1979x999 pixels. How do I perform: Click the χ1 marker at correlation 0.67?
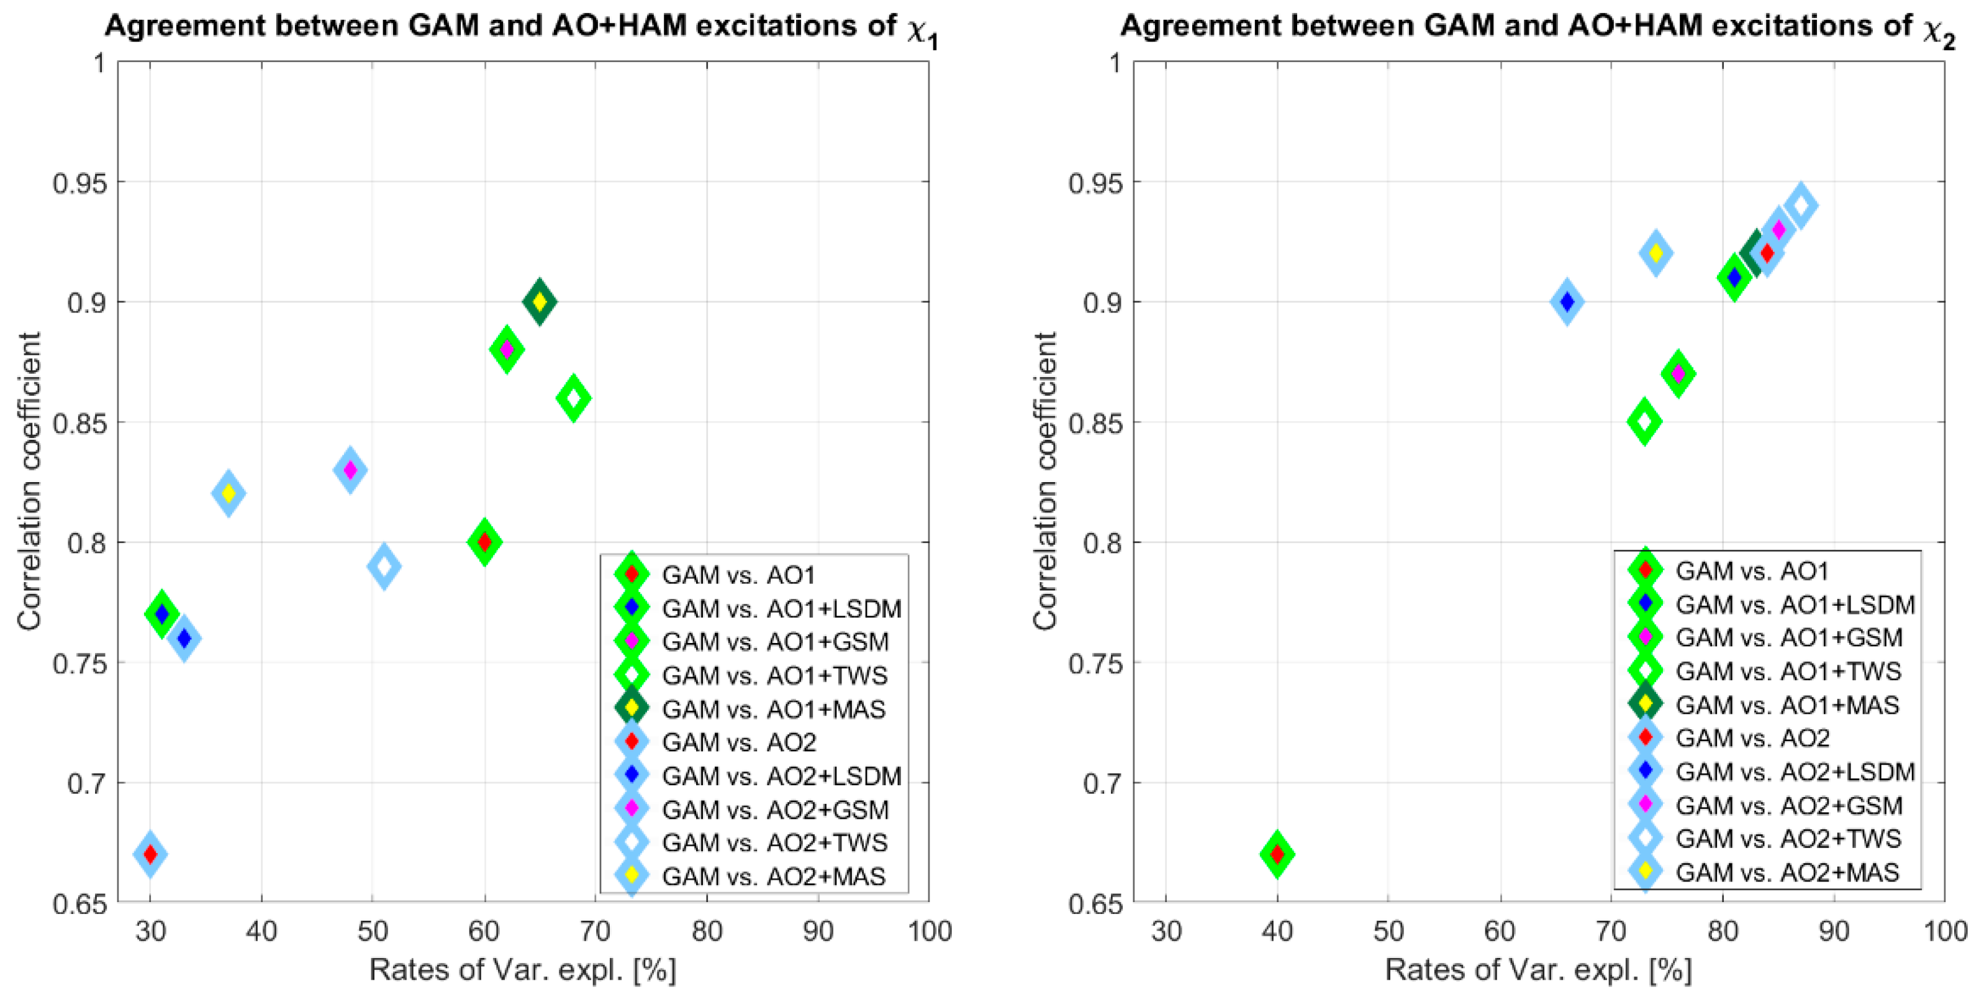click(x=150, y=854)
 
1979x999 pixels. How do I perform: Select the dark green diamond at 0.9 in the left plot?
click(x=540, y=302)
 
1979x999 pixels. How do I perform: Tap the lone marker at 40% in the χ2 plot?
click(x=1277, y=854)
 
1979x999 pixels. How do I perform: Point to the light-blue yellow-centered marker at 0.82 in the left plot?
click(x=228, y=493)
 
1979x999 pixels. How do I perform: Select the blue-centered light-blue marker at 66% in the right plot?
click(x=1567, y=302)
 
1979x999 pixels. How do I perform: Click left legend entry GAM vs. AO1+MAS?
click(x=774, y=708)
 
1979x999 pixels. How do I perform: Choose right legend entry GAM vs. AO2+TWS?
click(x=1788, y=838)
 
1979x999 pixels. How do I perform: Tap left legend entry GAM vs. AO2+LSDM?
click(x=781, y=776)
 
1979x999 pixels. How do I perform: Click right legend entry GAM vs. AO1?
click(x=1752, y=571)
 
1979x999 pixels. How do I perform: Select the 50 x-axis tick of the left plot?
click(x=373, y=931)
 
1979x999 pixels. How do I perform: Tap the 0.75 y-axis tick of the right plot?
click(x=1095, y=663)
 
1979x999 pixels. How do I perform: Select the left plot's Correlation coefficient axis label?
click(x=29, y=482)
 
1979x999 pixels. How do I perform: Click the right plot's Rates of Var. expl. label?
click(x=1538, y=970)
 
